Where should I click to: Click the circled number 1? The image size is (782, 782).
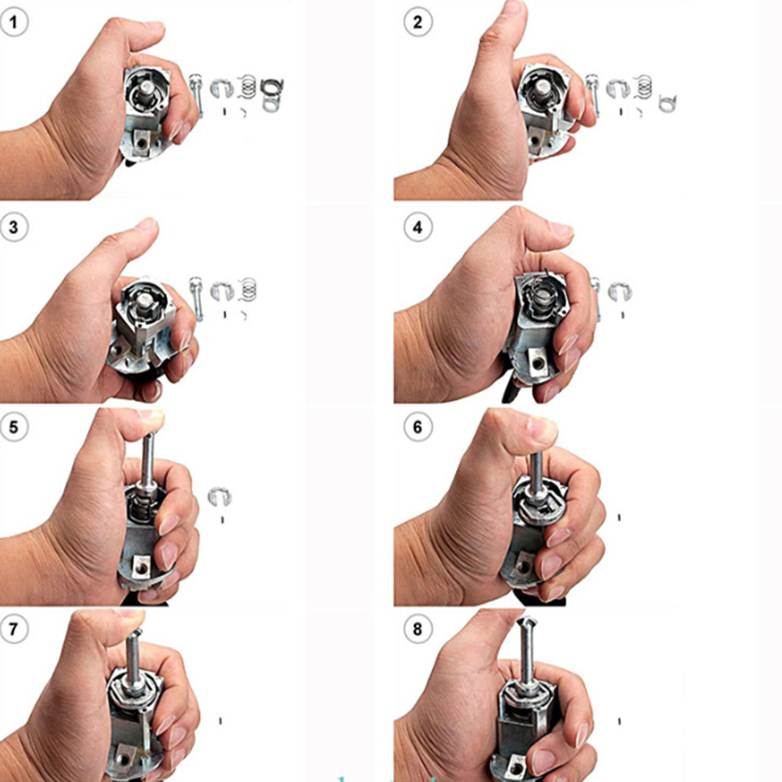(13, 22)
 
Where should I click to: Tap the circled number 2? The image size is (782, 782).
(418, 22)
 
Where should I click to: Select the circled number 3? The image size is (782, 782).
(13, 227)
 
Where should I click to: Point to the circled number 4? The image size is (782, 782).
(418, 227)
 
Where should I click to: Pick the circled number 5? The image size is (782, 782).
(13, 428)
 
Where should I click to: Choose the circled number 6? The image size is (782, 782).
(418, 428)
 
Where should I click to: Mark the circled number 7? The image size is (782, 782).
(13, 629)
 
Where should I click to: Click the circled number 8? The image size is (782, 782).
(418, 629)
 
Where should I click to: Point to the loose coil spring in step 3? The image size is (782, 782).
(248, 290)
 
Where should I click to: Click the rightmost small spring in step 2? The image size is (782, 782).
(667, 104)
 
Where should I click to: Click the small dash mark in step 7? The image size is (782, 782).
(220, 720)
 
